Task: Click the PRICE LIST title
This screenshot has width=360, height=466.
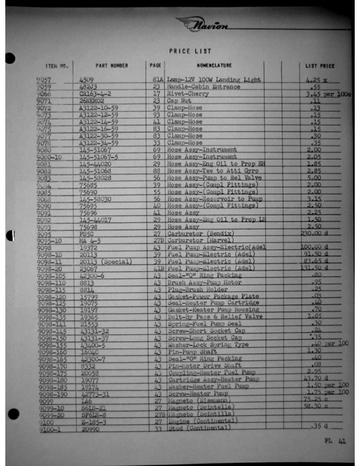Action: [190, 51]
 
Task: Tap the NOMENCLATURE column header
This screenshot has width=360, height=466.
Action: [214, 65]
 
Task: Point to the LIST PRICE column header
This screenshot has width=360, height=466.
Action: [319, 66]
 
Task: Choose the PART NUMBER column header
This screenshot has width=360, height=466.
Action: [112, 65]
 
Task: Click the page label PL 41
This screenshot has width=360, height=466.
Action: [334, 440]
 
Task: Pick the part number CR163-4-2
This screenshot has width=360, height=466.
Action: [95, 94]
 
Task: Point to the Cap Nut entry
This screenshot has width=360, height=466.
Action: [178, 101]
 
